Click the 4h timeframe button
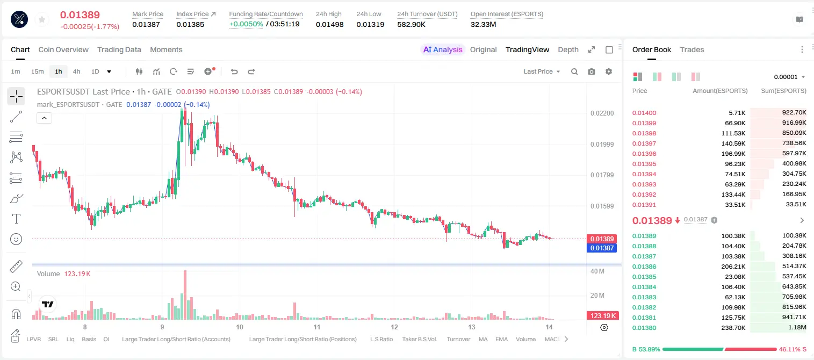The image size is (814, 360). pyautogui.click(x=76, y=71)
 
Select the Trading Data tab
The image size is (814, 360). pyautogui.click(x=119, y=49)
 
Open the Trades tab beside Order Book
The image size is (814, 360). pyautogui.click(x=692, y=49)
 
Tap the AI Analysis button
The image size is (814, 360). pyautogui.click(x=443, y=49)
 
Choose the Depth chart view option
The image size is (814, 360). pyautogui.click(x=568, y=49)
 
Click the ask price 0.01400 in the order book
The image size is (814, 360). pyautogui.click(x=644, y=113)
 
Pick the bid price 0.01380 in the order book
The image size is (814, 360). pyautogui.click(x=644, y=328)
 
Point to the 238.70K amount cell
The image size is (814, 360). pyautogui.click(x=733, y=328)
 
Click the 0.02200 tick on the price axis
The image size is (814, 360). pyautogui.click(x=602, y=113)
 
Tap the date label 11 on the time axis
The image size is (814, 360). pyautogui.click(x=317, y=327)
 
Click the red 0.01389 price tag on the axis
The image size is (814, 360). pyautogui.click(x=602, y=239)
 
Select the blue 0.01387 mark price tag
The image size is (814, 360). pyautogui.click(x=602, y=248)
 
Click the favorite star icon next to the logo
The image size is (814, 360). pyautogui.click(x=42, y=20)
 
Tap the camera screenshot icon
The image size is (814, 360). pyautogui.click(x=592, y=71)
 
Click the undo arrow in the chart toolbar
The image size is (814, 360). pyautogui.click(x=234, y=71)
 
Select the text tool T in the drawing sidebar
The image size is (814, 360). pyautogui.click(x=16, y=219)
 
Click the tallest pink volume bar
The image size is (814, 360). pyautogui.click(x=185, y=295)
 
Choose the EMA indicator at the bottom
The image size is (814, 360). pyautogui.click(x=501, y=339)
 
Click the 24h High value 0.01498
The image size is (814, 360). pyautogui.click(x=329, y=24)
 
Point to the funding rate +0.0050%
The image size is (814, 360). pyautogui.click(x=246, y=24)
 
